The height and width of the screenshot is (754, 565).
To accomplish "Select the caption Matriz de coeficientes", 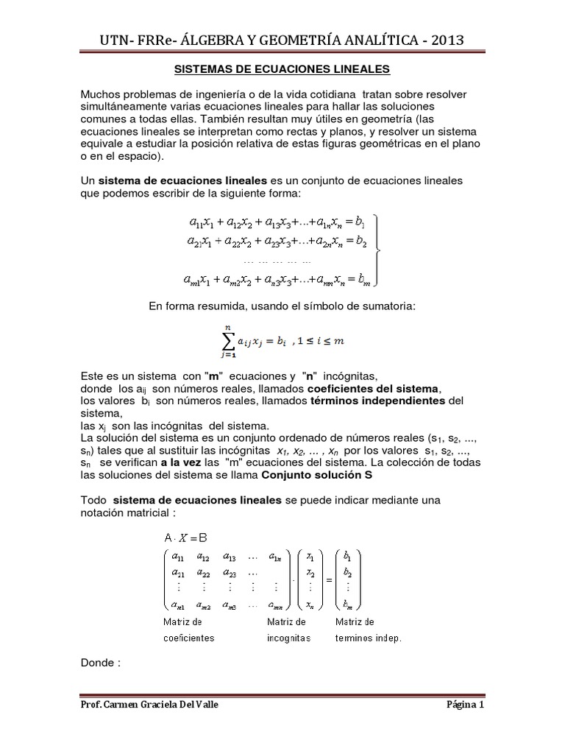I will pos(188,630).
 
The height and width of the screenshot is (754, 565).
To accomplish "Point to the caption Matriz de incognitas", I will pos(288,630).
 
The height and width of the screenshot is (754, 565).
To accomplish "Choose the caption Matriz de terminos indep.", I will pos(368,630).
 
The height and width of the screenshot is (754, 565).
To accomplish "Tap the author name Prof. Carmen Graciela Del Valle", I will pos(149,705).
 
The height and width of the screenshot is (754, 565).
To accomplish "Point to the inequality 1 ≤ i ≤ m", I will pos(318,342).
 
